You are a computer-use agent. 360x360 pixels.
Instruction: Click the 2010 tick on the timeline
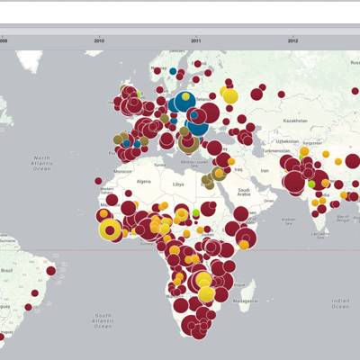point(99,40)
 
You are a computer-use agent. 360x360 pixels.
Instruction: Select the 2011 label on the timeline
point(196,40)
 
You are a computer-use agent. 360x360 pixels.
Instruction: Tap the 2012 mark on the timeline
point(292,40)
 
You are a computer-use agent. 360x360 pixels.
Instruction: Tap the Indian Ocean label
point(339,302)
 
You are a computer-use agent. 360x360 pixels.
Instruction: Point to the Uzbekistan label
point(287,140)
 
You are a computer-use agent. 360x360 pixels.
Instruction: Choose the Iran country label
point(265,170)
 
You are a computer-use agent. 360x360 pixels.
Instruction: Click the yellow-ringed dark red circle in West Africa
point(110,230)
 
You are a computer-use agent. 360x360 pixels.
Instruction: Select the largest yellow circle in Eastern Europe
point(229,94)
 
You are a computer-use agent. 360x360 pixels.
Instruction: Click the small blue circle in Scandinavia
point(173,70)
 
